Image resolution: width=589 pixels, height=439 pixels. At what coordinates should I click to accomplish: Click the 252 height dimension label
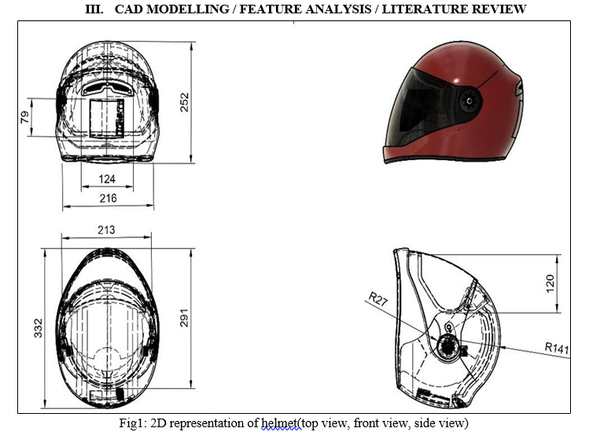pos(185,102)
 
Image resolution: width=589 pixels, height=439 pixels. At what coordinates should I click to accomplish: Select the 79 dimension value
pos(25,117)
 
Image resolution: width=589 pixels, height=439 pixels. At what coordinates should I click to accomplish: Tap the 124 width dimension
pos(107,179)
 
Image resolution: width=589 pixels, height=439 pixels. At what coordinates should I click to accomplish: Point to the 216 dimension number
pos(109,198)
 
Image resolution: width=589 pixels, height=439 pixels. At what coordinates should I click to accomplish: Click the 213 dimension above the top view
pos(106,229)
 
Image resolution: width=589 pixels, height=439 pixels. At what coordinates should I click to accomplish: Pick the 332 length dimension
pos(39,328)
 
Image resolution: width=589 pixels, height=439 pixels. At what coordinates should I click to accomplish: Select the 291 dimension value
pos(184,318)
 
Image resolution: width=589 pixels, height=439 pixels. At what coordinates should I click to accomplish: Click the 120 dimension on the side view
pos(550,284)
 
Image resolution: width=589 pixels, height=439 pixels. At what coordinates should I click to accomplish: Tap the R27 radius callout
pos(377,299)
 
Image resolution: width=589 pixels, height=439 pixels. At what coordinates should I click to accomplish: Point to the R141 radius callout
pos(557,348)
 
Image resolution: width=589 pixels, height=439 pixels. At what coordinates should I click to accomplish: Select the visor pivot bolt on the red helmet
pos(469,101)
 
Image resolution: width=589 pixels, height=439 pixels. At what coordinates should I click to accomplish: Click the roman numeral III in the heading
pos(94,9)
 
